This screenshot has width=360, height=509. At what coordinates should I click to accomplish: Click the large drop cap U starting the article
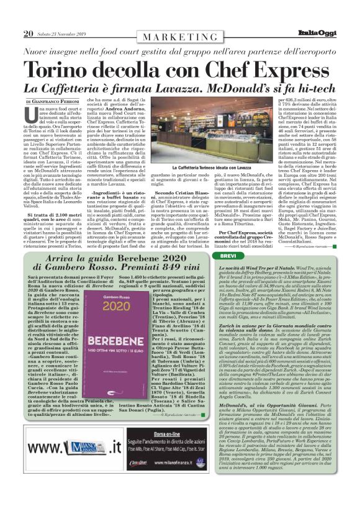click(x=32, y=114)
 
